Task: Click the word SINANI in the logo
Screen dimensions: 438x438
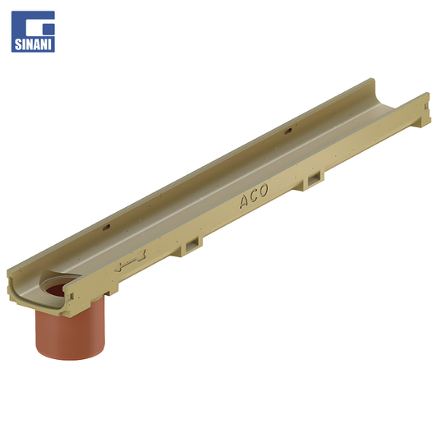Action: pos(33,44)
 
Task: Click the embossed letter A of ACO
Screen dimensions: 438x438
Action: pos(244,201)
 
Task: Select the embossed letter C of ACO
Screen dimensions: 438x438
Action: pos(254,196)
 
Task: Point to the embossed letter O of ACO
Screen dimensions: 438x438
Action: pos(263,191)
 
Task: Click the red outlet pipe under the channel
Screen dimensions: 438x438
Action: pos(70,327)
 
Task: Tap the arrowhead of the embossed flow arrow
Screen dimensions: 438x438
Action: pos(118,268)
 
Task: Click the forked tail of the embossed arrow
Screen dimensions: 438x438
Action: pos(142,256)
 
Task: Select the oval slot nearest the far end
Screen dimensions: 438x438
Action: pos(288,131)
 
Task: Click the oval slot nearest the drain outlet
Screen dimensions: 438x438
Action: pos(107,228)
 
